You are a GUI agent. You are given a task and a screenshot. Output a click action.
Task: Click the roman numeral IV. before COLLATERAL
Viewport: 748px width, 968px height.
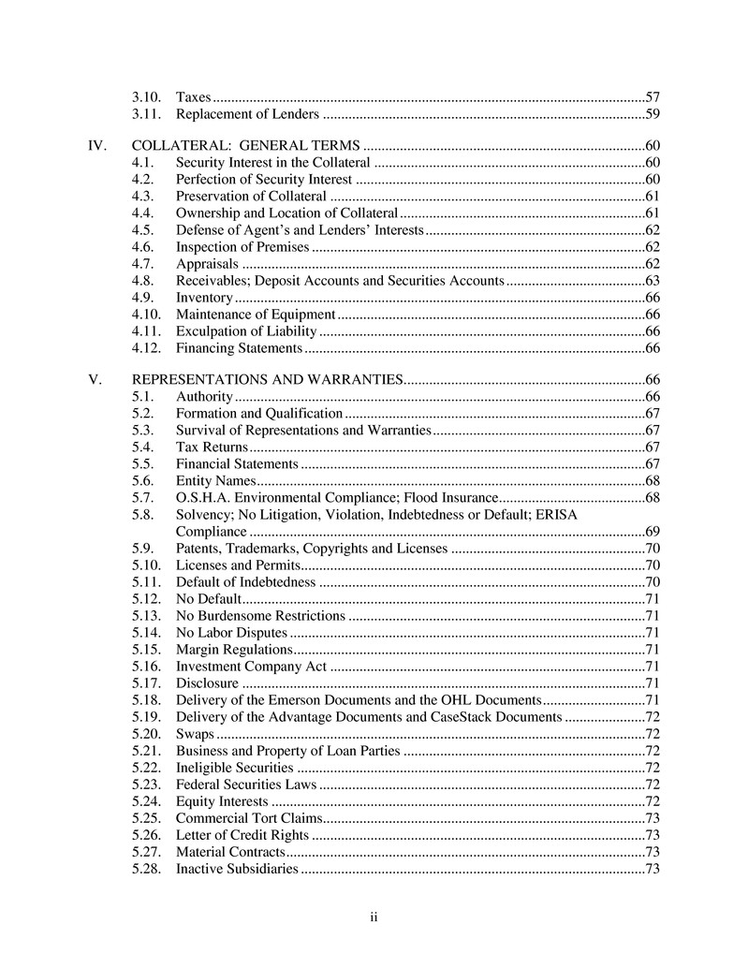pyautogui.click(x=96, y=146)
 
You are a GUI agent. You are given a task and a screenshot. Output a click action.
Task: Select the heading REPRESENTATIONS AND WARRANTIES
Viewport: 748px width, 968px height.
pyautogui.click(x=267, y=380)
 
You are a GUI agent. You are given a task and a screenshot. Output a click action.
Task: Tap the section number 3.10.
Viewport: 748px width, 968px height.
pyautogui.click(x=147, y=97)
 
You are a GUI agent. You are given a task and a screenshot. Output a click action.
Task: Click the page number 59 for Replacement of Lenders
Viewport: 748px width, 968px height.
pyautogui.click(x=653, y=115)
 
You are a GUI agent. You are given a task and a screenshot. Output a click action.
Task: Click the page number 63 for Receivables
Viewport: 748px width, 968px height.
pyautogui.click(x=653, y=281)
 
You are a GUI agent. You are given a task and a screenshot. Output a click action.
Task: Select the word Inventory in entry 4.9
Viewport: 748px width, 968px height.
pyautogui.click(x=204, y=298)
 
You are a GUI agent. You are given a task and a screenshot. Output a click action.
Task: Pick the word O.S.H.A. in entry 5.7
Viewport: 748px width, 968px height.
pyautogui.click(x=203, y=497)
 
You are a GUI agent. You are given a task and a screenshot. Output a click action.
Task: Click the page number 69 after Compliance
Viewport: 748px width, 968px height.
pyautogui.click(x=653, y=532)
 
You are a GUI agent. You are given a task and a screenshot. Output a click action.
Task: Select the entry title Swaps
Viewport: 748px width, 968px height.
pyautogui.click(x=195, y=734)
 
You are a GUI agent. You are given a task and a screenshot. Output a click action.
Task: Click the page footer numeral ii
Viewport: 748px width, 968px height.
pyautogui.click(x=373, y=917)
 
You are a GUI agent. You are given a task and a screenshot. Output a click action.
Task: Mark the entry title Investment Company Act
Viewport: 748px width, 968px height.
pyautogui.click(x=251, y=667)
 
